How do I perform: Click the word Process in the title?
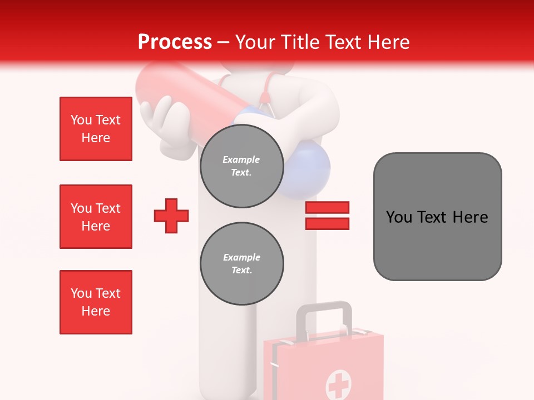coord(175,42)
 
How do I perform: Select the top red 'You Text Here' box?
coord(96,129)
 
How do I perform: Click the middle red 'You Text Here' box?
coord(96,217)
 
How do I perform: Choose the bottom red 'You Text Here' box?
coord(96,302)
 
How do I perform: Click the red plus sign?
coord(171,216)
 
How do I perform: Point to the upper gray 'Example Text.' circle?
coord(241,166)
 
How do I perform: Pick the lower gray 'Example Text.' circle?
coord(241,264)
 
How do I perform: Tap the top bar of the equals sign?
coord(327,208)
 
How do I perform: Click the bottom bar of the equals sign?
coord(327,223)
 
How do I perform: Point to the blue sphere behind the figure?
coord(309,172)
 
